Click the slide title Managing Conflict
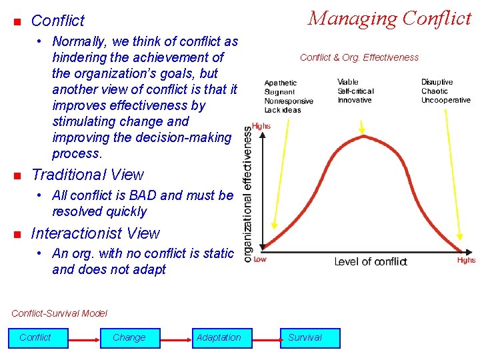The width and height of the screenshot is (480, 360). pyautogui.click(x=389, y=19)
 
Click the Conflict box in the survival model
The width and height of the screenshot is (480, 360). pyautogui.click(x=36, y=337)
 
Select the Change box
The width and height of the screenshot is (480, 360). pyautogui.click(x=129, y=337)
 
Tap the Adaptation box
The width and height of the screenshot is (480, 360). pyautogui.click(x=219, y=337)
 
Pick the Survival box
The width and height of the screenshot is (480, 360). pyautogui.click(x=305, y=337)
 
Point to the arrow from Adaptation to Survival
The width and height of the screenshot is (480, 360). pyautogui.click(x=262, y=338)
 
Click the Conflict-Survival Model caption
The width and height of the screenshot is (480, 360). pyautogui.click(x=59, y=313)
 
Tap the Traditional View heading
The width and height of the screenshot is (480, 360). pyautogui.click(x=87, y=175)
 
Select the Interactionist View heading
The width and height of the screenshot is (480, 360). pyautogui.click(x=95, y=233)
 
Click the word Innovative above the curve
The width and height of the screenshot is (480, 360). pyautogui.click(x=355, y=100)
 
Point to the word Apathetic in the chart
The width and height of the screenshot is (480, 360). pyautogui.click(x=281, y=83)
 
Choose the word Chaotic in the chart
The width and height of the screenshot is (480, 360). pyautogui.click(x=435, y=91)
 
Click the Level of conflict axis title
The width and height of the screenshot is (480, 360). pyautogui.click(x=370, y=261)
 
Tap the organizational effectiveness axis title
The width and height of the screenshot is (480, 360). pyautogui.click(x=248, y=195)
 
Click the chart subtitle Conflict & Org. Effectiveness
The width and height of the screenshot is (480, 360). pyautogui.click(x=359, y=57)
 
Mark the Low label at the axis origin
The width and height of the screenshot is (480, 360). pyautogui.click(x=260, y=259)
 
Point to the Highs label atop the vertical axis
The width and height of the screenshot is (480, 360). pyautogui.click(x=261, y=126)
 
